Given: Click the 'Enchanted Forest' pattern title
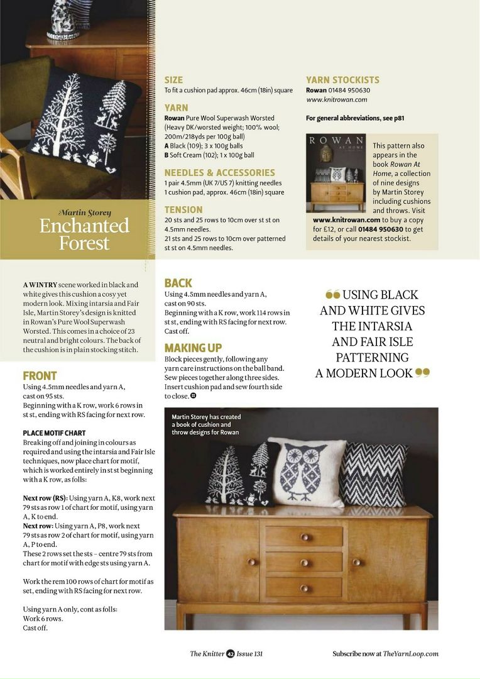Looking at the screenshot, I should pyautogui.click(x=84, y=234).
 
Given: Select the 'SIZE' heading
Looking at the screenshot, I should pyautogui.click(x=173, y=80).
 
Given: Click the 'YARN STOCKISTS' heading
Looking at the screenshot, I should pyautogui.click(x=342, y=80).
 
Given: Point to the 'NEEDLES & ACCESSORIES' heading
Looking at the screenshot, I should pyautogui.click(x=219, y=172).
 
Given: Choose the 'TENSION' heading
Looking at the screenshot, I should pyautogui.click(x=183, y=209).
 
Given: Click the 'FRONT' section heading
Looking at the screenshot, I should pyautogui.click(x=40, y=375).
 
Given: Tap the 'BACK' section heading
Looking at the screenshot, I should pyautogui.click(x=178, y=283).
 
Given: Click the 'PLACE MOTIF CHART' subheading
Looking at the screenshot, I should pyautogui.click(x=54, y=433).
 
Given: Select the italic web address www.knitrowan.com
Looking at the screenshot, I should pyautogui.click(x=337, y=99).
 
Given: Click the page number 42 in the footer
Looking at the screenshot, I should pyautogui.click(x=231, y=653).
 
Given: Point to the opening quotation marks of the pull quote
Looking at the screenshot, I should pyautogui.click(x=332, y=294).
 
